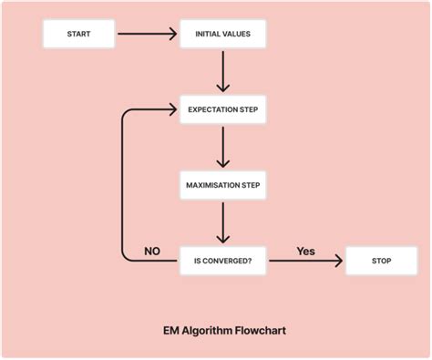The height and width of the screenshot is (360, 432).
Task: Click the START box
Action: pos(79,35)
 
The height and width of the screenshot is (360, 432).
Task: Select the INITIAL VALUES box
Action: pos(223,35)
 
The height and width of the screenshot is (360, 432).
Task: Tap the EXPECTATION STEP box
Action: pos(223,110)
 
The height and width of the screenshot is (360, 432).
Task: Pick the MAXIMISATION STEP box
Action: pos(223,185)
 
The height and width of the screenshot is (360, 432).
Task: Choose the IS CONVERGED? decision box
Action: pos(223,261)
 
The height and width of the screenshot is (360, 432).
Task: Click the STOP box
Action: pos(381,261)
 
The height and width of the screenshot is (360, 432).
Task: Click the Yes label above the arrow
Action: pos(306,250)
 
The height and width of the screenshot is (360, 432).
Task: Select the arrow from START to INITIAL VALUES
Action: pos(147,35)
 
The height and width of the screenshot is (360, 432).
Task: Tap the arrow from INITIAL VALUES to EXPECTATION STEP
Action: pos(223,72)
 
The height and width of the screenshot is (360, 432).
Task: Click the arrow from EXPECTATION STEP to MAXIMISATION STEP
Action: pos(223,148)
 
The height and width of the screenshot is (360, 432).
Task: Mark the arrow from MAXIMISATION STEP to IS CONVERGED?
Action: pos(223,222)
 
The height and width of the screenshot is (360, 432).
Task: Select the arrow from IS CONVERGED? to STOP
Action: pos(306,262)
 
